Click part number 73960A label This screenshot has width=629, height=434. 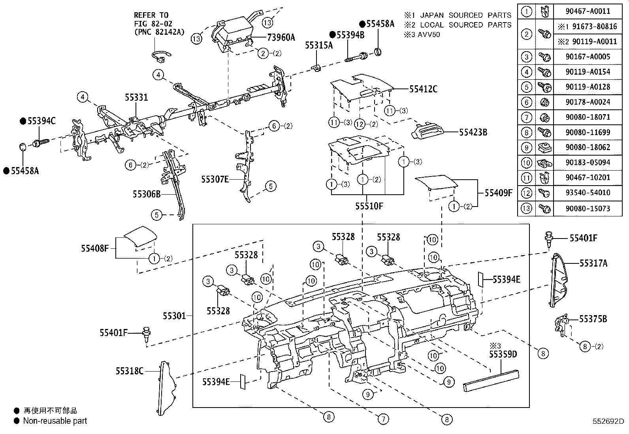pos(281,38)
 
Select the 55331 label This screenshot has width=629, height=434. pos(136,97)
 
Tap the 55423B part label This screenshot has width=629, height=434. pos(473,133)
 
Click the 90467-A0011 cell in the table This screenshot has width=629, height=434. pos(588,11)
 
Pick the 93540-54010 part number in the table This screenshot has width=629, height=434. pos(588,193)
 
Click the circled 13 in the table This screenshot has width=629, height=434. pos(526,208)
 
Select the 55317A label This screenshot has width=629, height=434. pos(593,263)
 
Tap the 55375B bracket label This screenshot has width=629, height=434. pos(593,319)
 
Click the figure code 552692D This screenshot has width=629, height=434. pos(607,421)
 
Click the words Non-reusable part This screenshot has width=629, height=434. pos(55,421)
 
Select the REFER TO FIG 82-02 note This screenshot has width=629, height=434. pos(159,24)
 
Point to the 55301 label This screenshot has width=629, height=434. pos(174,316)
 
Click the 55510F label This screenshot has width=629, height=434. pos(369,206)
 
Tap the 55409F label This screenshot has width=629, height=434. pos(498,193)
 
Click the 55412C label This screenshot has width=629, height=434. pos(423,89)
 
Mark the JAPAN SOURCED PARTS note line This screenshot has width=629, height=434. pos(457,15)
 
